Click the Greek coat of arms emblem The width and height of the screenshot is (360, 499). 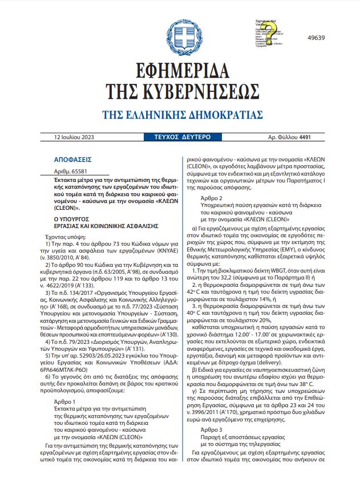pyautogui.click(x=180, y=37)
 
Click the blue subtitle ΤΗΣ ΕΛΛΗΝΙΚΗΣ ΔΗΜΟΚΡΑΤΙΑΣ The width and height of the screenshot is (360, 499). pyautogui.click(x=180, y=115)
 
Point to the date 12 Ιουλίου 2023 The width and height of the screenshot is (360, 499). pyautogui.click(x=74, y=137)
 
